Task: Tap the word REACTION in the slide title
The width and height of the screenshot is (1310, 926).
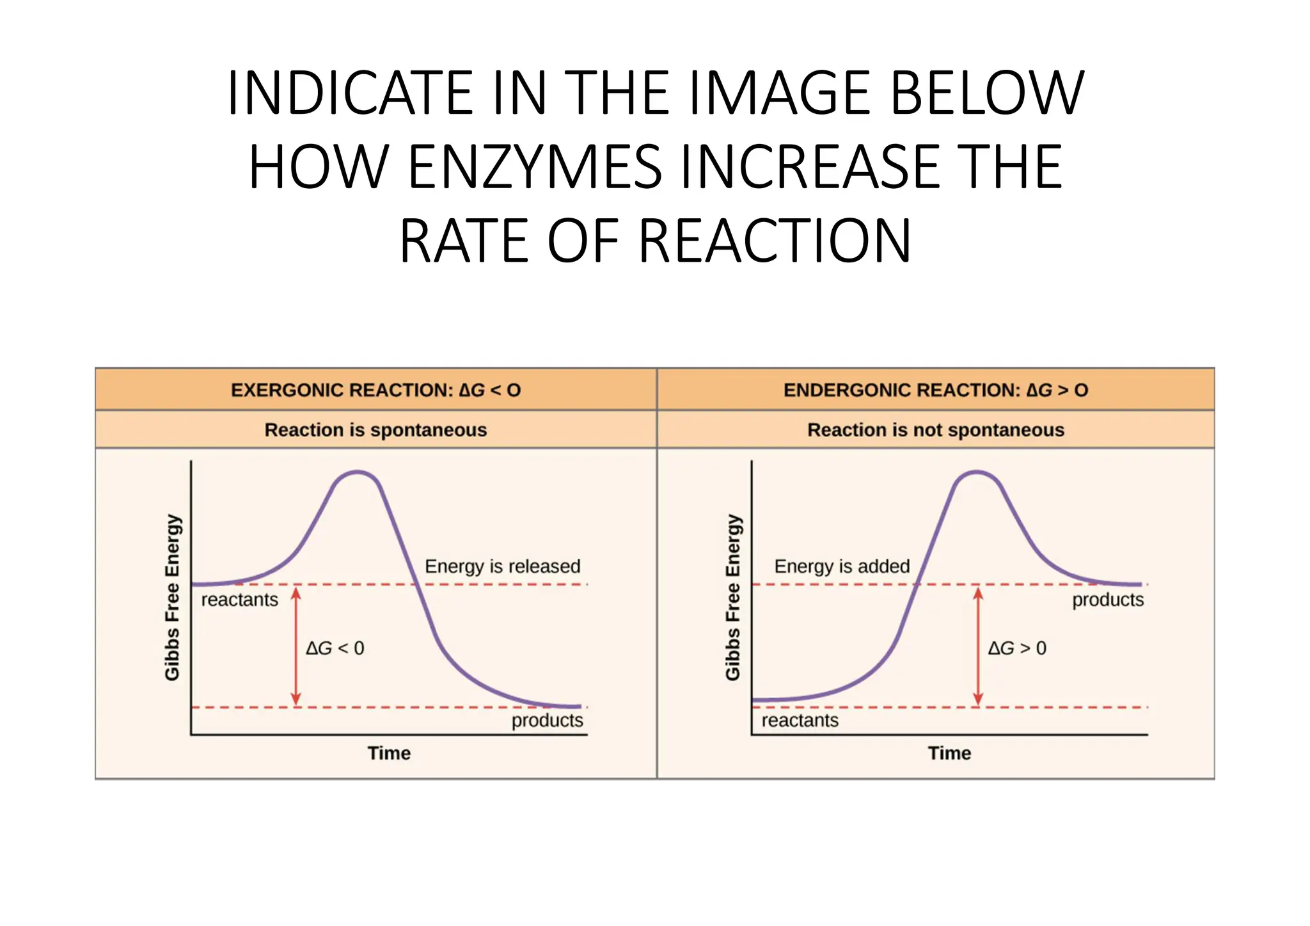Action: [x=774, y=241]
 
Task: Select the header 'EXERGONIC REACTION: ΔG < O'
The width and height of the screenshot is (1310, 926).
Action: [x=375, y=390]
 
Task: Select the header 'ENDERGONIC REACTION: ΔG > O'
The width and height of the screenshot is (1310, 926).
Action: [x=935, y=390]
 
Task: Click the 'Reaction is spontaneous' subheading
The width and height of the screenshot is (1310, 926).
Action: [x=375, y=429]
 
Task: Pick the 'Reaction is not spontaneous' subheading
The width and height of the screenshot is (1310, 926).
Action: [x=935, y=429]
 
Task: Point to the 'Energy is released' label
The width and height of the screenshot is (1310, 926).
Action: [x=502, y=566]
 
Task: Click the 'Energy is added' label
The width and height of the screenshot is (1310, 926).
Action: [x=842, y=566]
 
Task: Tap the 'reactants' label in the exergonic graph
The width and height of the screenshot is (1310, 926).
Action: [x=240, y=600]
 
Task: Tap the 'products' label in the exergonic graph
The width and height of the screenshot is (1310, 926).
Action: [x=547, y=721]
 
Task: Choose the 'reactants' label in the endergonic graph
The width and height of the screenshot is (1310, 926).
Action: [x=800, y=721]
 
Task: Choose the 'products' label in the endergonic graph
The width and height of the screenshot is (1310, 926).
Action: [x=1108, y=600]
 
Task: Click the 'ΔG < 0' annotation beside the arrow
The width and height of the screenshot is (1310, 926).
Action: [x=335, y=648]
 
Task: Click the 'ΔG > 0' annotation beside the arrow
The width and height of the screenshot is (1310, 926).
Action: [x=1017, y=648]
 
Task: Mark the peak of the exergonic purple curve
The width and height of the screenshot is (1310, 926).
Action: [x=358, y=473]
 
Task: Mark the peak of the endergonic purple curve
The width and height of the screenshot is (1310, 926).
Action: [x=977, y=473]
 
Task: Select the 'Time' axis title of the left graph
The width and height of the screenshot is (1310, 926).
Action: [x=389, y=753]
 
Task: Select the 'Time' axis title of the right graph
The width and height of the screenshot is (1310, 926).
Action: [x=949, y=753]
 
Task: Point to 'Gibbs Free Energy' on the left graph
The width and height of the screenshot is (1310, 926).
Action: [x=173, y=597]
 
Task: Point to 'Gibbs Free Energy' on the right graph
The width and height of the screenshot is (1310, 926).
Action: [x=733, y=597]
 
